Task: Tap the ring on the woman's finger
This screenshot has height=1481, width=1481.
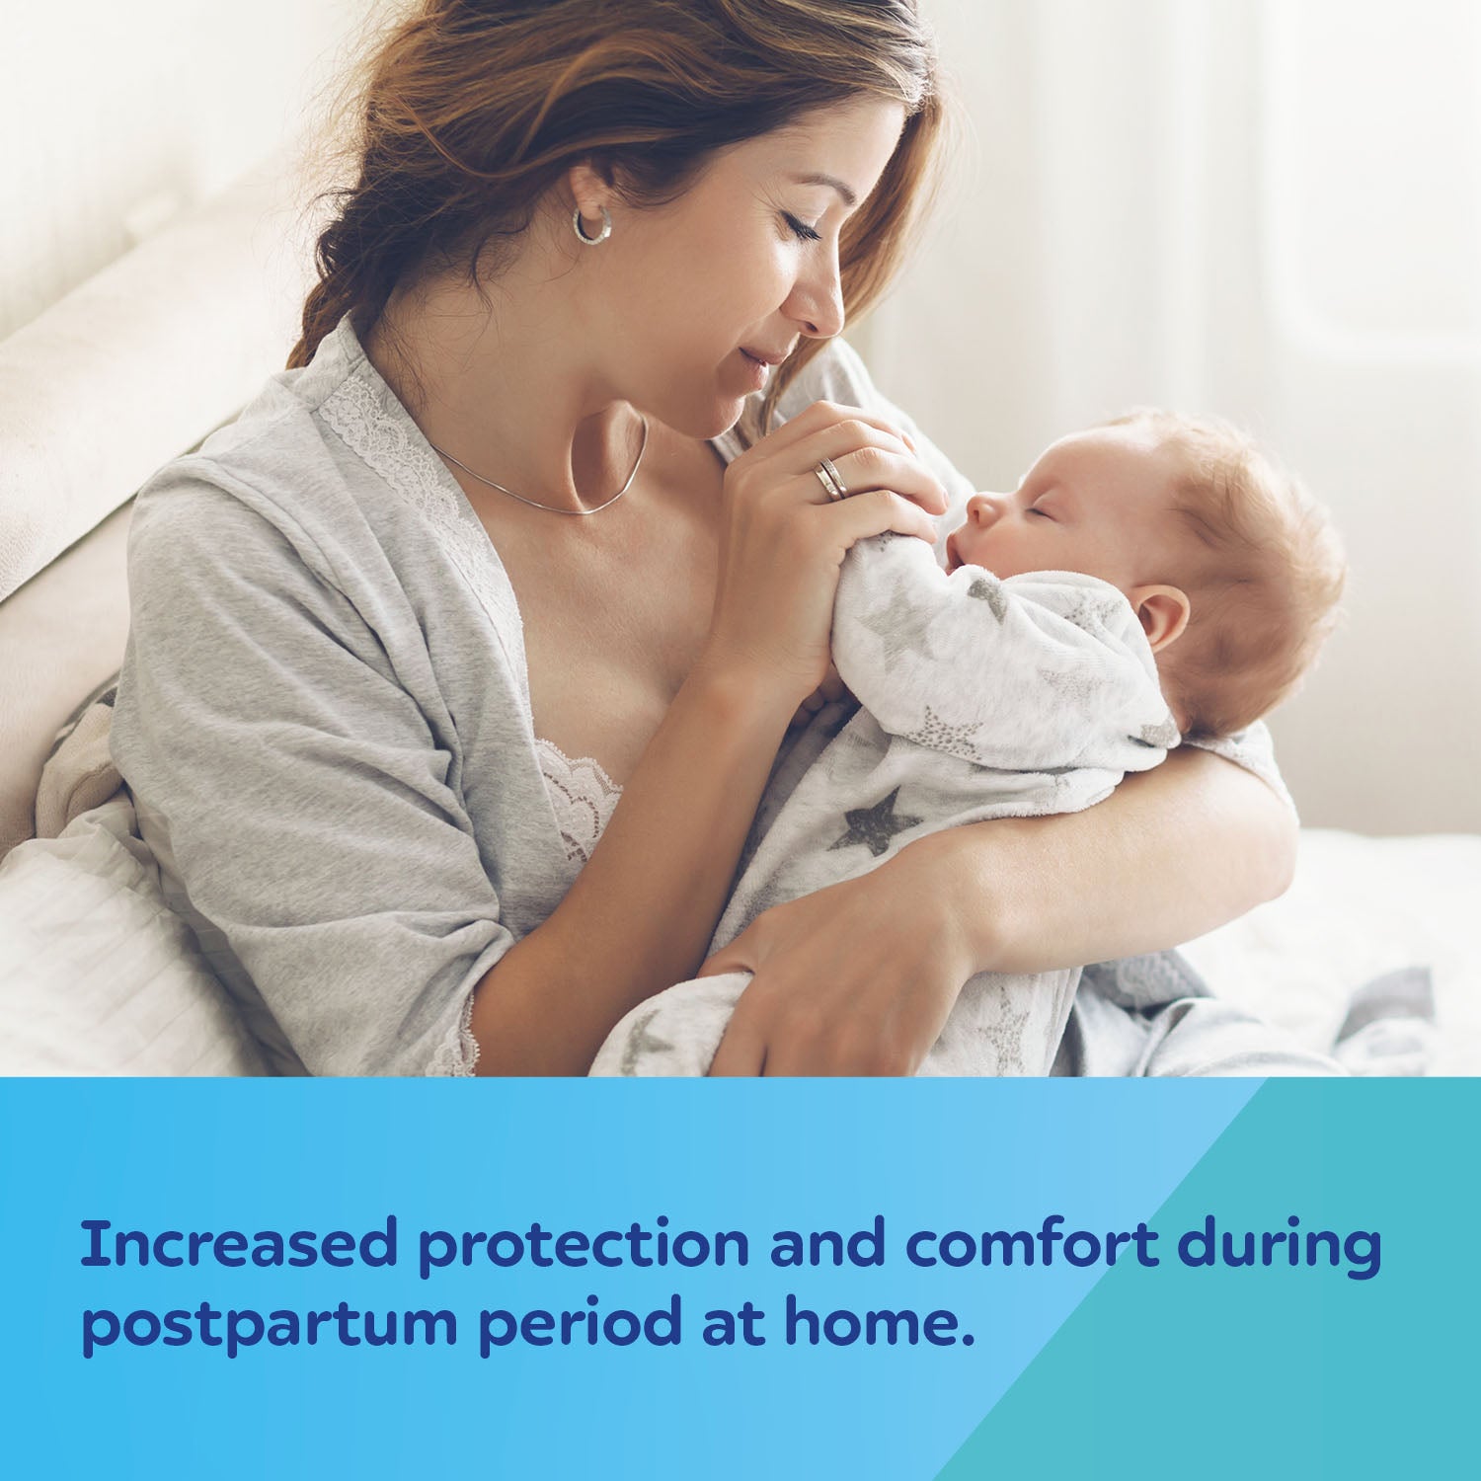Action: pos(830,479)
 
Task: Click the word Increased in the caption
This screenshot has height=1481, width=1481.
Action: pos(238,1244)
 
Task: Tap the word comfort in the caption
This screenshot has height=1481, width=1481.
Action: pos(1032,1244)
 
